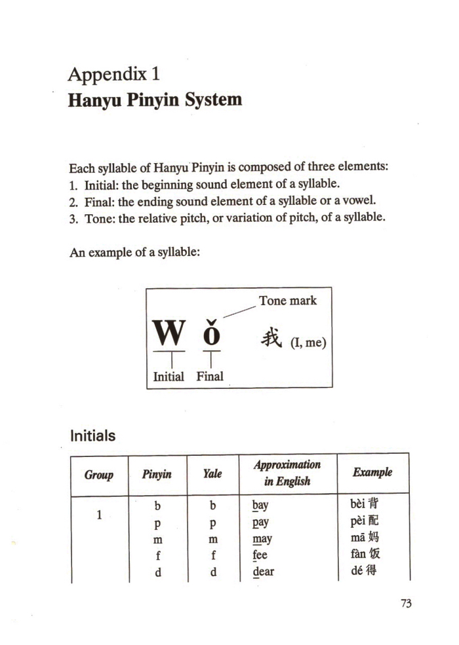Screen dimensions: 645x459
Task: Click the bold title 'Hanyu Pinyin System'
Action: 155,100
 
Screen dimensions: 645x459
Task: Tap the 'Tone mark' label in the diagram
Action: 287,301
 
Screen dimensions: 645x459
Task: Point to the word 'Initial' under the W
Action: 169,377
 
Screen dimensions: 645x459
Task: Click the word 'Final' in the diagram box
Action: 210,377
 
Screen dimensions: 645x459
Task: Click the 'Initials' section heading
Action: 92,435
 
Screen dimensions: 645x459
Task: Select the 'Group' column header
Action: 98,474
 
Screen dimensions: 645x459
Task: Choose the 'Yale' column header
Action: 212,473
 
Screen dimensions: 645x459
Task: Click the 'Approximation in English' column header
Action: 287,473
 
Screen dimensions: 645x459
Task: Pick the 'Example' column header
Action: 372,472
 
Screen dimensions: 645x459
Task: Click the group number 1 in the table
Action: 98,515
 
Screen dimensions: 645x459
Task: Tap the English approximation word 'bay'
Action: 260,506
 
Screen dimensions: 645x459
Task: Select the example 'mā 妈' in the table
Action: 366,538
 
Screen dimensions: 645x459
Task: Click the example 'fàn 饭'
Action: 366,555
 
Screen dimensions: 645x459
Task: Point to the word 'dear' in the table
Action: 263,571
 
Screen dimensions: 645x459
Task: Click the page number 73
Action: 405,603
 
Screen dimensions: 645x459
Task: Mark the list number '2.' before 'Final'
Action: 73,200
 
